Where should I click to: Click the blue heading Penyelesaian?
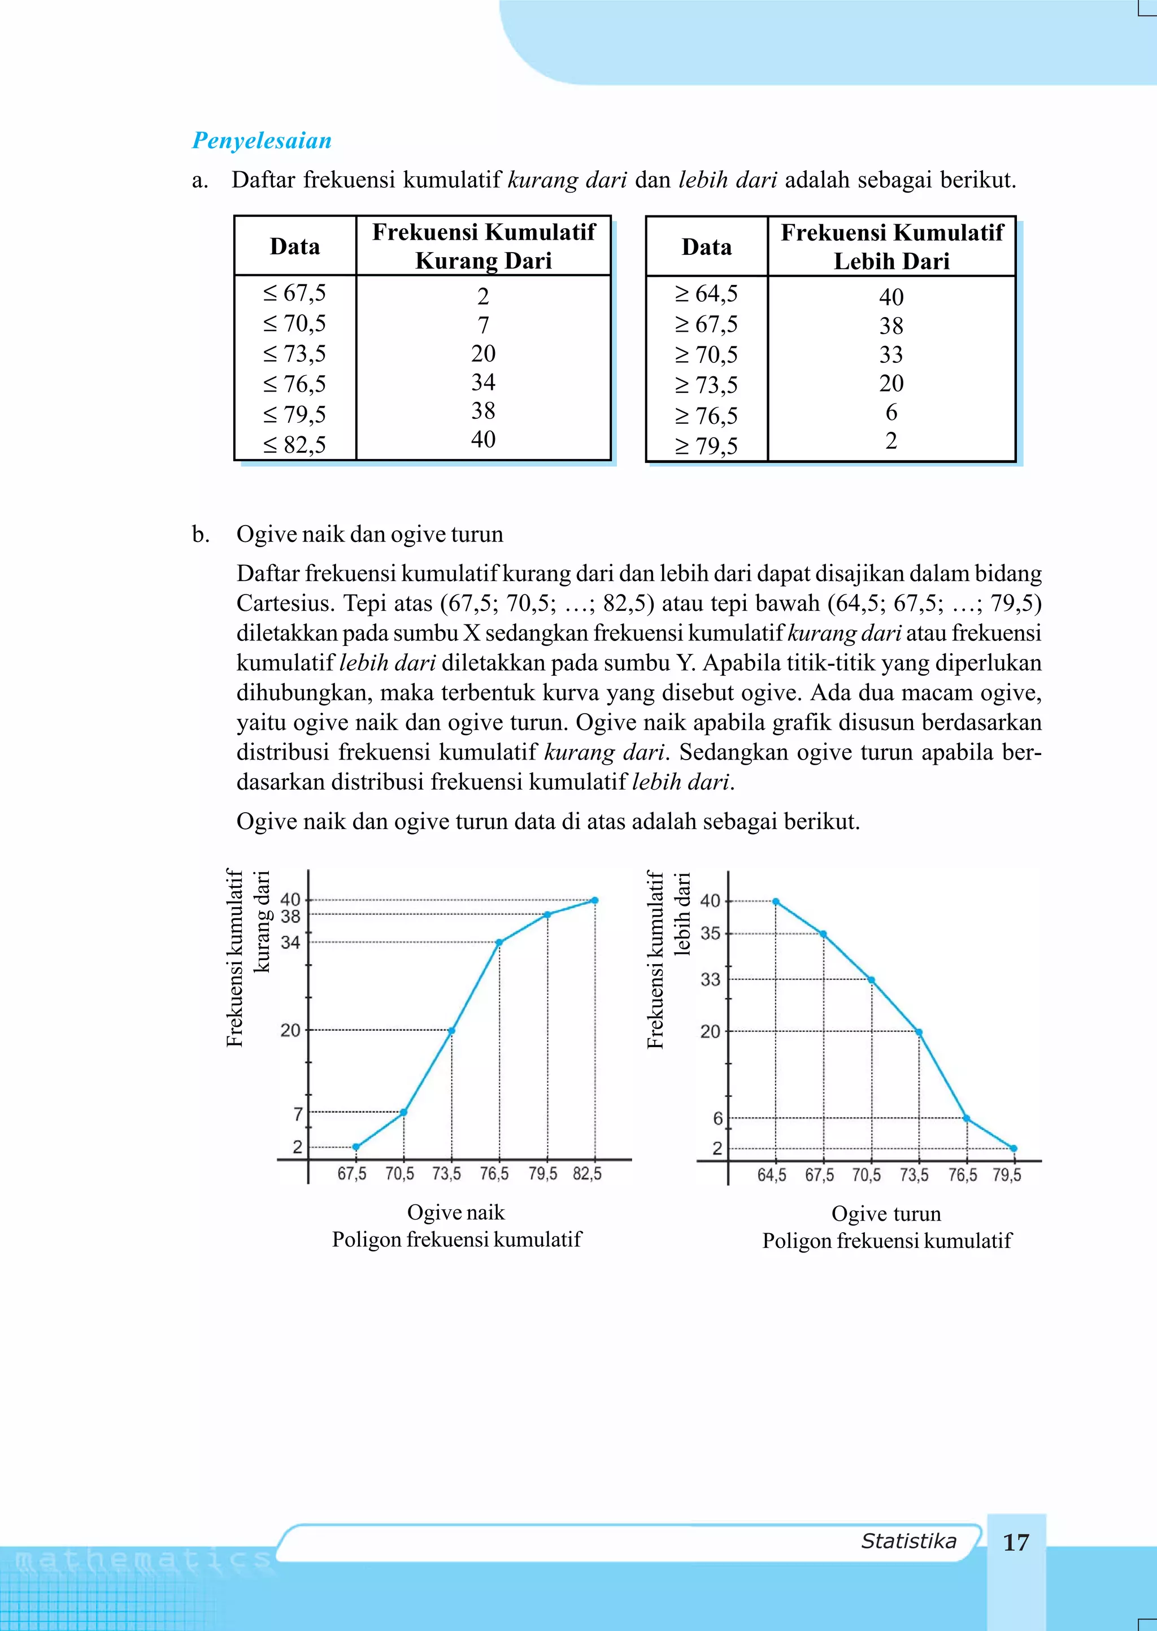(x=262, y=140)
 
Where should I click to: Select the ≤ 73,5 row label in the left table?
(x=294, y=353)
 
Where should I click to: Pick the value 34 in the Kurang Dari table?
(x=483, y=383)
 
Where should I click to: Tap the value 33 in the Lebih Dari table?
(x=890, y=355)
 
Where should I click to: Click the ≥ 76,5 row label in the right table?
(x=706, y=415)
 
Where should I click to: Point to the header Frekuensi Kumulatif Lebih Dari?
(x=891, y=246)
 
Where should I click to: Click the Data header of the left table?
(x=294, y=246)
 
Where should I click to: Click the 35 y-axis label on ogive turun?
(x=710, y=934)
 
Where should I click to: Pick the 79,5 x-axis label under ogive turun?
(x=1007, y=1175)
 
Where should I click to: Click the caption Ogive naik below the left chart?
(x=455, y=1213)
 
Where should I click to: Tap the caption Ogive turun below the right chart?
(x=886, y=1214)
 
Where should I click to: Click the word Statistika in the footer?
(x=908, y=1541)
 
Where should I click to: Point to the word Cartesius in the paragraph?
(x=285, y=604)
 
